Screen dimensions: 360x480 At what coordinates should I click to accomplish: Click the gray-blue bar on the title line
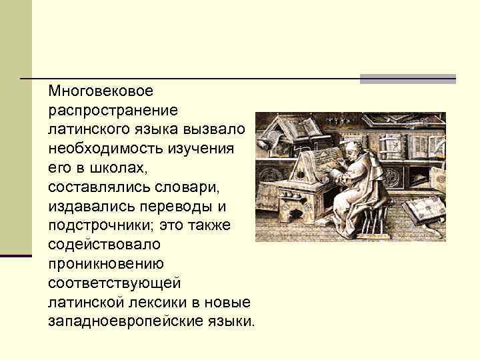407,79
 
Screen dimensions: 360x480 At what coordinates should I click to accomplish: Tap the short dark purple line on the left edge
16,255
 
